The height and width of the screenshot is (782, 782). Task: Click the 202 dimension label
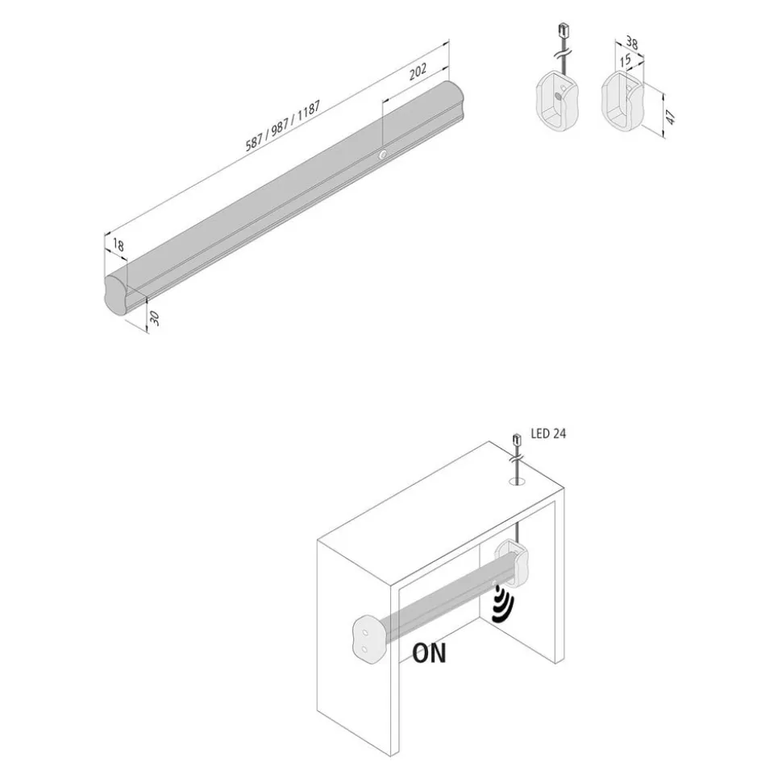(418, 72)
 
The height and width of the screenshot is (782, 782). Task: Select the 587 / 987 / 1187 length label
(283, 126)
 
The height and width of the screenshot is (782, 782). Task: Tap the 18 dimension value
(119, 245)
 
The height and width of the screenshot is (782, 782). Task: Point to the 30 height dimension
(155, 317)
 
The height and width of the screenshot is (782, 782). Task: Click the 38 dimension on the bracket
(632, 43)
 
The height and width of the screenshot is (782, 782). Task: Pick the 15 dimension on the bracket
(626, 60)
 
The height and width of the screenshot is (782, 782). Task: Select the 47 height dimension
(671, 118)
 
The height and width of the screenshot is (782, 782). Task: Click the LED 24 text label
(548, 433)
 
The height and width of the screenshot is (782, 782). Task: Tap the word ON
(430, 653)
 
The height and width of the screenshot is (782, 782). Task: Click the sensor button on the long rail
(382, 155)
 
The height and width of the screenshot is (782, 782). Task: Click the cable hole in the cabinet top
(518, 482)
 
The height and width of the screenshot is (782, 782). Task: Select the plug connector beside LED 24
(517, 441)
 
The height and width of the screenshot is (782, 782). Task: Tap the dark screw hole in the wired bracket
(558, 95)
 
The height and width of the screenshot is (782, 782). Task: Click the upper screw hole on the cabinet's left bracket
(365, 632)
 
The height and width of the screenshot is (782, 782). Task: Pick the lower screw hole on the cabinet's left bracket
(364, 649)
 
